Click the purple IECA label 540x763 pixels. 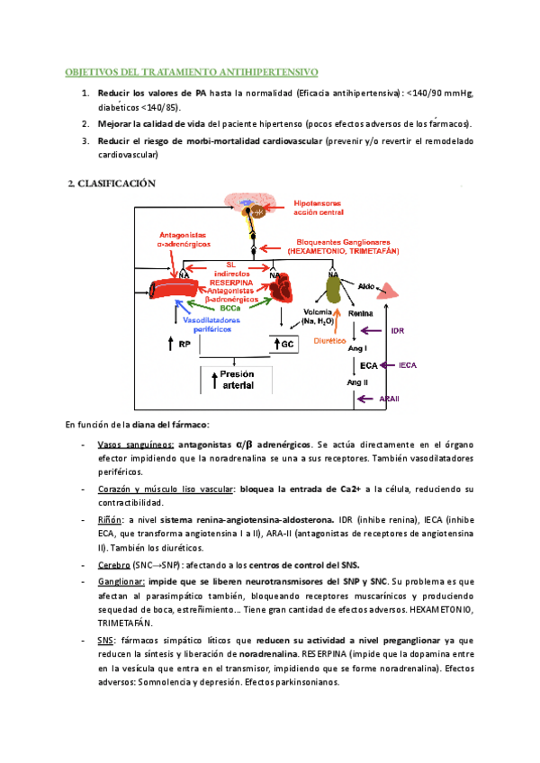point(408,365)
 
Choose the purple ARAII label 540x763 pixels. point(391,398)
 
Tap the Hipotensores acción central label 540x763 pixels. point(324,209)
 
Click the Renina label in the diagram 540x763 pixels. point(360,313)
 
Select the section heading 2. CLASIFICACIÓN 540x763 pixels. point(112,184)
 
